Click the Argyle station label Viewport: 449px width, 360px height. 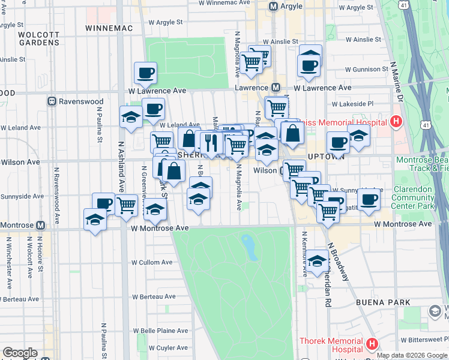coord(291,6)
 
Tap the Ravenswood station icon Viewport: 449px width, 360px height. coord(52,101)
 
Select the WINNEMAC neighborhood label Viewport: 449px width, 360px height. coord(108,28)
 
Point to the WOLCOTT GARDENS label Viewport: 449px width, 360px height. coord(39,38)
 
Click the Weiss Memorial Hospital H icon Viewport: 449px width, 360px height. coord(396,122)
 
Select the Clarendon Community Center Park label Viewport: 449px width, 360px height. coord(412,197)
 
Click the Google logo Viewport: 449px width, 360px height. coord(20,353)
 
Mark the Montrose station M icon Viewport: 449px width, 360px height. coord(41,226)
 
